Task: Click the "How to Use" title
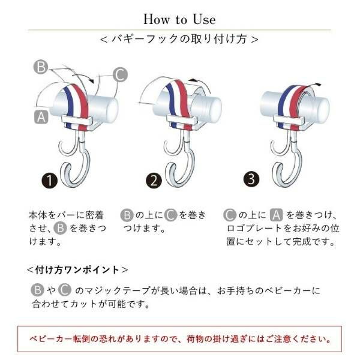tap(179, 19)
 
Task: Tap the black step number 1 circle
tap(49, 181)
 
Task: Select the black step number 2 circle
tap(154, 180)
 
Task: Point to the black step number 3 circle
tap(251, 179)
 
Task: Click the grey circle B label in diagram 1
tap(41, 67)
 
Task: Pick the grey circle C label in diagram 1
tap(120, 74)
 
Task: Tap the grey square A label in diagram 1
tap(41, 117)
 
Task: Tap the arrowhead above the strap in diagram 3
tap(319, 85)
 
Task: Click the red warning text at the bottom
tap(180, 339)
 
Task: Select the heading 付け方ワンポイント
tap(77, 269)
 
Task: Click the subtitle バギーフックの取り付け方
tap(179, 39)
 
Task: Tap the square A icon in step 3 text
tap(276, 215)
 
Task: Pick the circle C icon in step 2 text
tap(171, 215)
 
